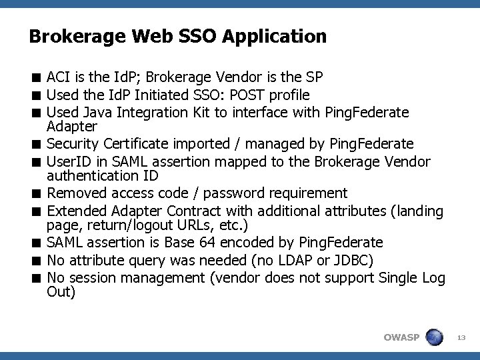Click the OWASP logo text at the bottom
401,337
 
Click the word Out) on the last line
61,291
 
